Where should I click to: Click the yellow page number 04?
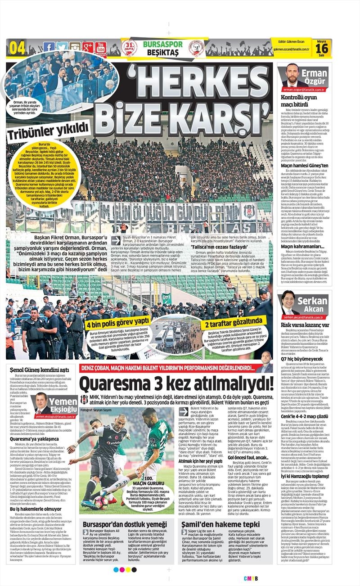[x=17, y=47]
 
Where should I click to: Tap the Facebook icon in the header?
[x=49, y=47]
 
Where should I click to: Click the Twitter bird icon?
[x=62, y=47]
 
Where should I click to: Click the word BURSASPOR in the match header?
[x=162, y=44]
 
